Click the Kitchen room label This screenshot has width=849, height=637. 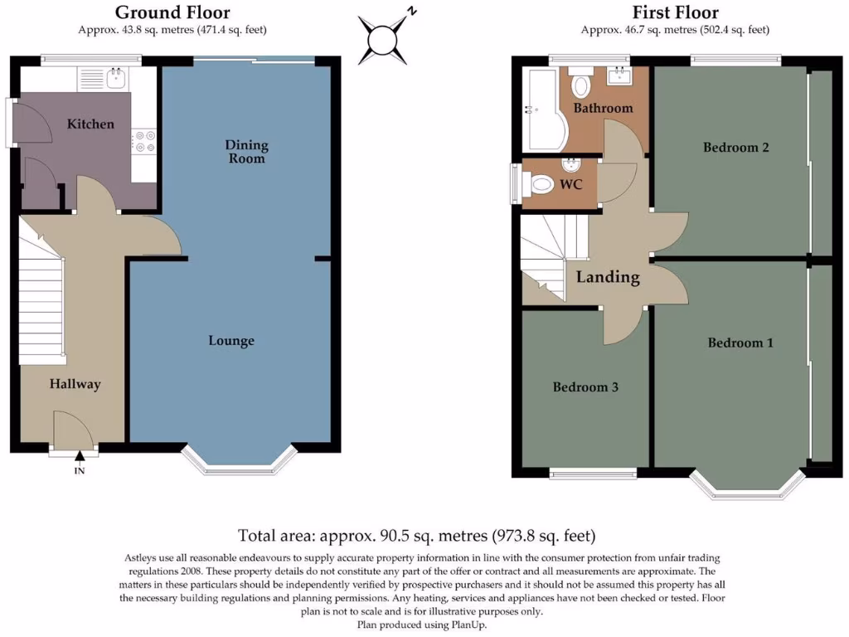[x=90, y=124]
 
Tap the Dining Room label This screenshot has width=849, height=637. [x=246, y=152]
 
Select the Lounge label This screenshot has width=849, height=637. [x=231, y=341]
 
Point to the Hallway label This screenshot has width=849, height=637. [x=75, y=384]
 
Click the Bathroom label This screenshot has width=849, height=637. [x=604, y=108]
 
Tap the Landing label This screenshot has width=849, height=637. [x=608, y=277]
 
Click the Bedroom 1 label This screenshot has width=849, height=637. [x=740, y=343]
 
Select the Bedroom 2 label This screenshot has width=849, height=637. [x=736, y=148]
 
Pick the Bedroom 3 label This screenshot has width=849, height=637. [x=585, y=387]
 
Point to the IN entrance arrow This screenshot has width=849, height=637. [x=80, y=457]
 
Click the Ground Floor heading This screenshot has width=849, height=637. [x=172, y=12]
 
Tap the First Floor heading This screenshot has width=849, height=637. [x=675, y=12]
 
